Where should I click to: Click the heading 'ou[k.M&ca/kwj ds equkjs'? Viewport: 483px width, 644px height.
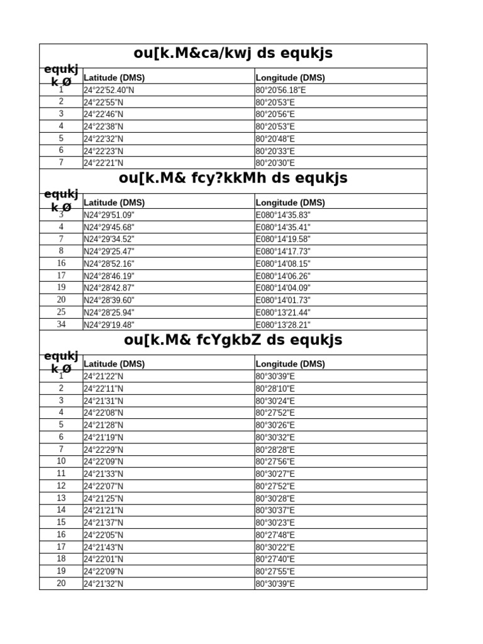tap(233, 54)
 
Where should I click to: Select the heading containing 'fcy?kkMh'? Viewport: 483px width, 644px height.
tap(233, 179)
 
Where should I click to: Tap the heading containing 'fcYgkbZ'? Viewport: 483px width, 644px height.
tap(233, 340)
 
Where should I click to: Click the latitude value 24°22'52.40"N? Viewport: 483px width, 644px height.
tap(109, 90)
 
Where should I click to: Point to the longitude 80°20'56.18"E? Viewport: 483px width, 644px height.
tap(281, 90)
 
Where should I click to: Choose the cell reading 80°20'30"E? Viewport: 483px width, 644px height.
tap(275, 163)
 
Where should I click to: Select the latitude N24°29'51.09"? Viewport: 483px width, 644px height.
tap(109, 215)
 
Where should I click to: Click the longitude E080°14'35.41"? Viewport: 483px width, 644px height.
tap(283, 227)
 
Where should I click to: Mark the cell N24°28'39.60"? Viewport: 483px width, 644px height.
tap(109, 300)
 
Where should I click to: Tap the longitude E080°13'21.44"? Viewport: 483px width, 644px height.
tap(283, 313)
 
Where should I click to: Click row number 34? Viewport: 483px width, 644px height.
tap(61, 325)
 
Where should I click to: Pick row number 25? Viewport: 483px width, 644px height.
tap(61, 312)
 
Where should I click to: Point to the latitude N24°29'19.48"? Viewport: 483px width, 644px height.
tap(109, 325)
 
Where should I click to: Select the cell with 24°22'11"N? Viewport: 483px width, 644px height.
tap(104, 389)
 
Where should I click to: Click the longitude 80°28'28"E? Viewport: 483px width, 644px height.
tap(275, 450)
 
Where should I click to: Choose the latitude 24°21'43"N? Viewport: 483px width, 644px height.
tap(104, 547)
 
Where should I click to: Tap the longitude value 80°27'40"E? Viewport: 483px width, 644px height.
tap(275, 559)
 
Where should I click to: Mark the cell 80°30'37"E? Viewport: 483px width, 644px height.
tap(275, 510)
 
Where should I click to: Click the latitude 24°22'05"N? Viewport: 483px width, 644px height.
tap(104, 535)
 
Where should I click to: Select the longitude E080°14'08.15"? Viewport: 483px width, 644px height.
tap(283, 264)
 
